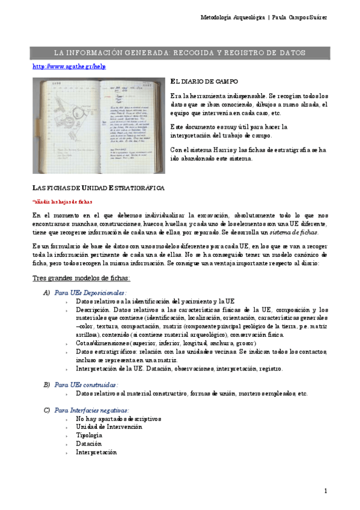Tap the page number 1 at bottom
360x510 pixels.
point(325,491)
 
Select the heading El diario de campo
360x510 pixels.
point(204,81)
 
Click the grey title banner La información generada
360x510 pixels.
point(180,53)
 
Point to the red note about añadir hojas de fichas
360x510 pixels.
point(63,201)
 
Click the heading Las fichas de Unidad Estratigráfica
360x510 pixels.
point(97,188)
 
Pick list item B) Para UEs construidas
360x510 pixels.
point(85,384)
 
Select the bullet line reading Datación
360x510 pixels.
point(88,443)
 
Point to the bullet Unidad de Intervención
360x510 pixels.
point(109,426)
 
